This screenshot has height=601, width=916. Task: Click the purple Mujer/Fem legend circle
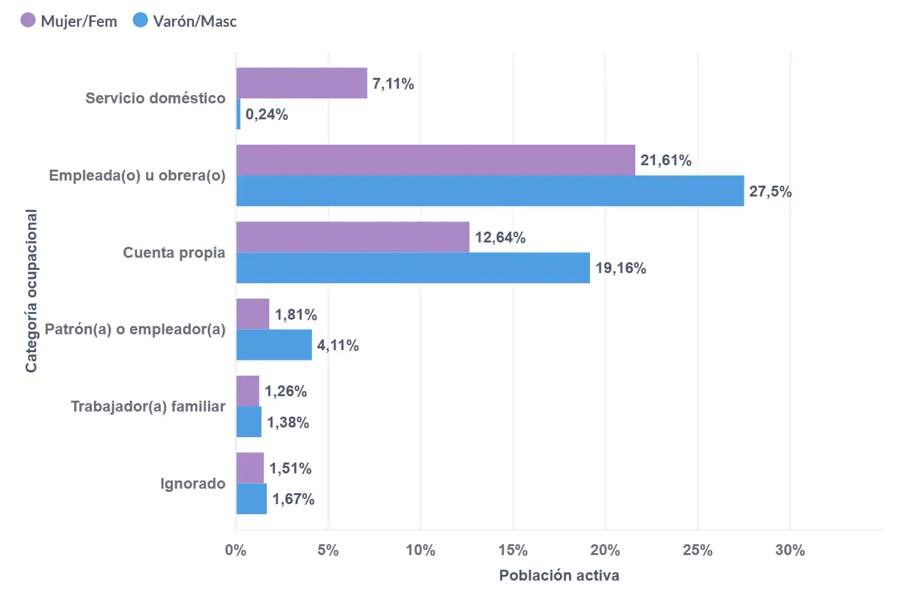[x=28, y=20]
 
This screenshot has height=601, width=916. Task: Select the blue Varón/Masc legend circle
[x=140, y=20]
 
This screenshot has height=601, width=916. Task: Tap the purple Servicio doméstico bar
[x=302, y=83]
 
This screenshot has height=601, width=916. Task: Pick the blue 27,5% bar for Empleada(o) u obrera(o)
[x=490, y=191]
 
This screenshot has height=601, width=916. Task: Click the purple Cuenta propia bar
[x=353, y=237]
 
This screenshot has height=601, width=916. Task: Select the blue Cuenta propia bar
[x=413, y=268]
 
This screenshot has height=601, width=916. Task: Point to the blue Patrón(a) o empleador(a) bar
[x=274, y=345]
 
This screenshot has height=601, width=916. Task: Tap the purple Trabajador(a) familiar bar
[x=248, y=391]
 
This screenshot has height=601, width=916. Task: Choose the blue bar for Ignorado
[x=251, y=499]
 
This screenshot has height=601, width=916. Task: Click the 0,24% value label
[x=267, y=115]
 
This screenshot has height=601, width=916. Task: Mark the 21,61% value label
[x=666, y=160]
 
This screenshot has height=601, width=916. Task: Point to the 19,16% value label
[x=621, y=268]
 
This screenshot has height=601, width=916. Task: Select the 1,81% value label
[x=296, y=315]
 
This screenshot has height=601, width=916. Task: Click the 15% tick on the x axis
[x=513, y=550]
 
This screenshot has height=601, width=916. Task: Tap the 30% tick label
[x=790, y=550]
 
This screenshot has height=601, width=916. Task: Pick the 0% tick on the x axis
[x=236, y=550]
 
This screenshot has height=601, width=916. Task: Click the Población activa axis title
[x=559, y=575]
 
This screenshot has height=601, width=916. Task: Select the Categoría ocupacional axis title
[x=31, y=291]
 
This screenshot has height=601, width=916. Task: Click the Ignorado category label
[x=193, y=484]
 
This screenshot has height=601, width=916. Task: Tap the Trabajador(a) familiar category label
[x=148, y=406]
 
